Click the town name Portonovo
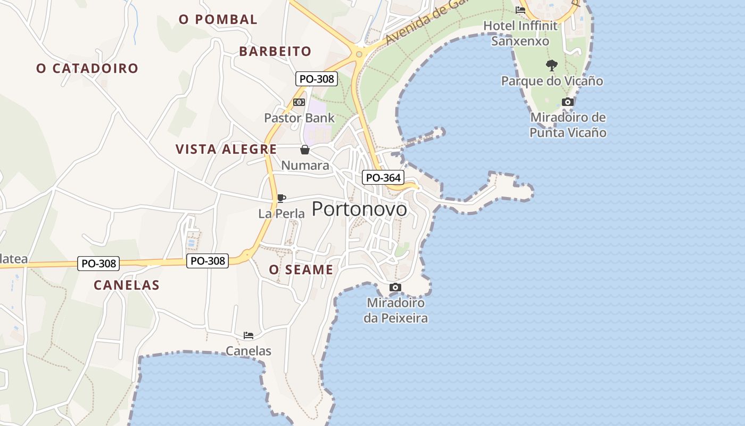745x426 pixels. click(359, 209)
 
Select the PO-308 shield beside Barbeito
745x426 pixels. click(317, 79)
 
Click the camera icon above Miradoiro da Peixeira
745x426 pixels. click(395, 288)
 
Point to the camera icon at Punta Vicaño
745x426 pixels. click(568, 102)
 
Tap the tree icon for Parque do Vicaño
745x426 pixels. click(552, 65)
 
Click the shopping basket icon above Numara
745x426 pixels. click(305, 150)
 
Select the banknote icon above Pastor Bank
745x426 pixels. click(299, 102)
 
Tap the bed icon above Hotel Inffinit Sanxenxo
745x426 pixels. click(520, 10)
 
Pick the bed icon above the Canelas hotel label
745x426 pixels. click(249, 335)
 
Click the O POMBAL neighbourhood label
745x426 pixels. click(218, 20)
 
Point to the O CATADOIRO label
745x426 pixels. click(87, 68)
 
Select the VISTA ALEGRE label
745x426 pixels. click(226, 149)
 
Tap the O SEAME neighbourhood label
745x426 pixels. click(301, 270)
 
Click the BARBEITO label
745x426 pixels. click(275, 51)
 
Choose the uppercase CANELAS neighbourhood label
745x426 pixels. click(127, 285)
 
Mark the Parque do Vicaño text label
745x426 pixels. click(552, 81)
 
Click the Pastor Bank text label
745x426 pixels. click(300, 118)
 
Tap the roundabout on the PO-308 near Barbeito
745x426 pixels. click(359, 54)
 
